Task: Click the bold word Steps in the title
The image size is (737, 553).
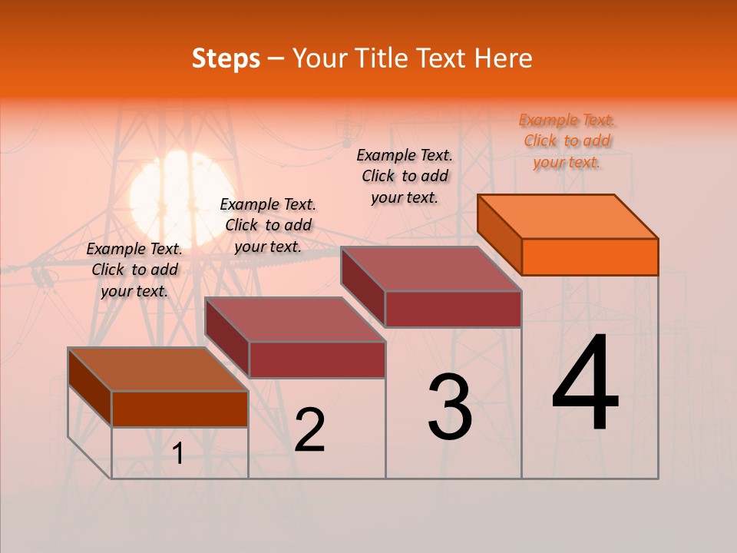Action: pyautogui.click(x=226, y=58)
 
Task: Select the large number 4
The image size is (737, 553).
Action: pyautogui.click(x=585, y=384)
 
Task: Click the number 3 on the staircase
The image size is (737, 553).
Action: pyautogui.click(x=450, y=407)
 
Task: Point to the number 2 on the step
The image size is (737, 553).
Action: pyautogui.click(x=309, y=431)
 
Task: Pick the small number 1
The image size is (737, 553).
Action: pyautogui.click(x=178, y=454)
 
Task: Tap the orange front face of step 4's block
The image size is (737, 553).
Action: pyautogui.click(x=590, y=257)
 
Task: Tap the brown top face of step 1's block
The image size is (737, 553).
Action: pyautogui.click(x=158, y=369)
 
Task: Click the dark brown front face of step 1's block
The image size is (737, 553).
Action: pyautogui.click(x=180, y=409)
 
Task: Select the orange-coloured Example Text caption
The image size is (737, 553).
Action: pyautogui.click(x=567, y=141)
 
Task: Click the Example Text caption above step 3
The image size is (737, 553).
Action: pyautogui.click(x=405, y=176)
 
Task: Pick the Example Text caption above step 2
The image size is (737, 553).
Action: pyautogui.click(x=268, y=225)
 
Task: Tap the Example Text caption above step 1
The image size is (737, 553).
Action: pyautogui.click(x=134, y=270)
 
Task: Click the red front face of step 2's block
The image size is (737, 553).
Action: pyautogui.click(x=317, y=359)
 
